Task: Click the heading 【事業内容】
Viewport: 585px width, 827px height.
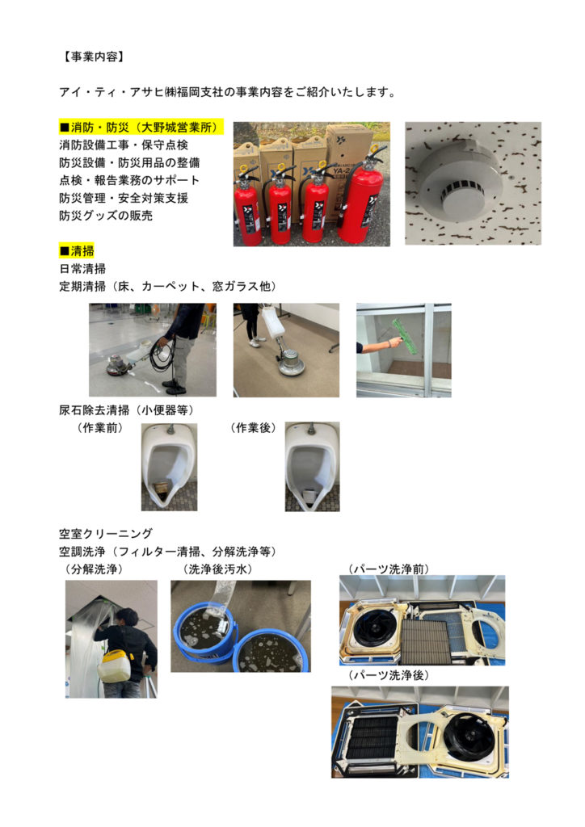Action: [x=92, y=57]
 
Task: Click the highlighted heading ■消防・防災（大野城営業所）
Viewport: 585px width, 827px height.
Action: [x=141, y=127]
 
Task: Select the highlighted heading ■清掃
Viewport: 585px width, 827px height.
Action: [x=77, y=250]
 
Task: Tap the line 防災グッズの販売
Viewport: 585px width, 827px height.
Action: [x=106, y=215]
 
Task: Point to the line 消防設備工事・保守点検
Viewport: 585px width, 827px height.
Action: [x=124, y=145]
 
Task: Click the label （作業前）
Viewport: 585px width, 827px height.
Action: [x=100, y=428]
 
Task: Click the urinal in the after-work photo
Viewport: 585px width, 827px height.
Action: [x=312, y=467]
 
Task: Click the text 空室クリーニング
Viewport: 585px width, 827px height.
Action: [x=106, y=533]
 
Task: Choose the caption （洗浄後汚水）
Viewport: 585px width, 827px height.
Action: [x=217, y=569]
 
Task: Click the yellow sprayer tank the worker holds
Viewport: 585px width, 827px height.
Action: [x=115, y=665]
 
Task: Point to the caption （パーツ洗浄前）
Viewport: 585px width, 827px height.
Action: [x=388, y=569]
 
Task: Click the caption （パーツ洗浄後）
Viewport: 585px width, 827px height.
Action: [x=388, y=675]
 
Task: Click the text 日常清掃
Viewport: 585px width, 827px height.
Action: [x=82, y=268]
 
